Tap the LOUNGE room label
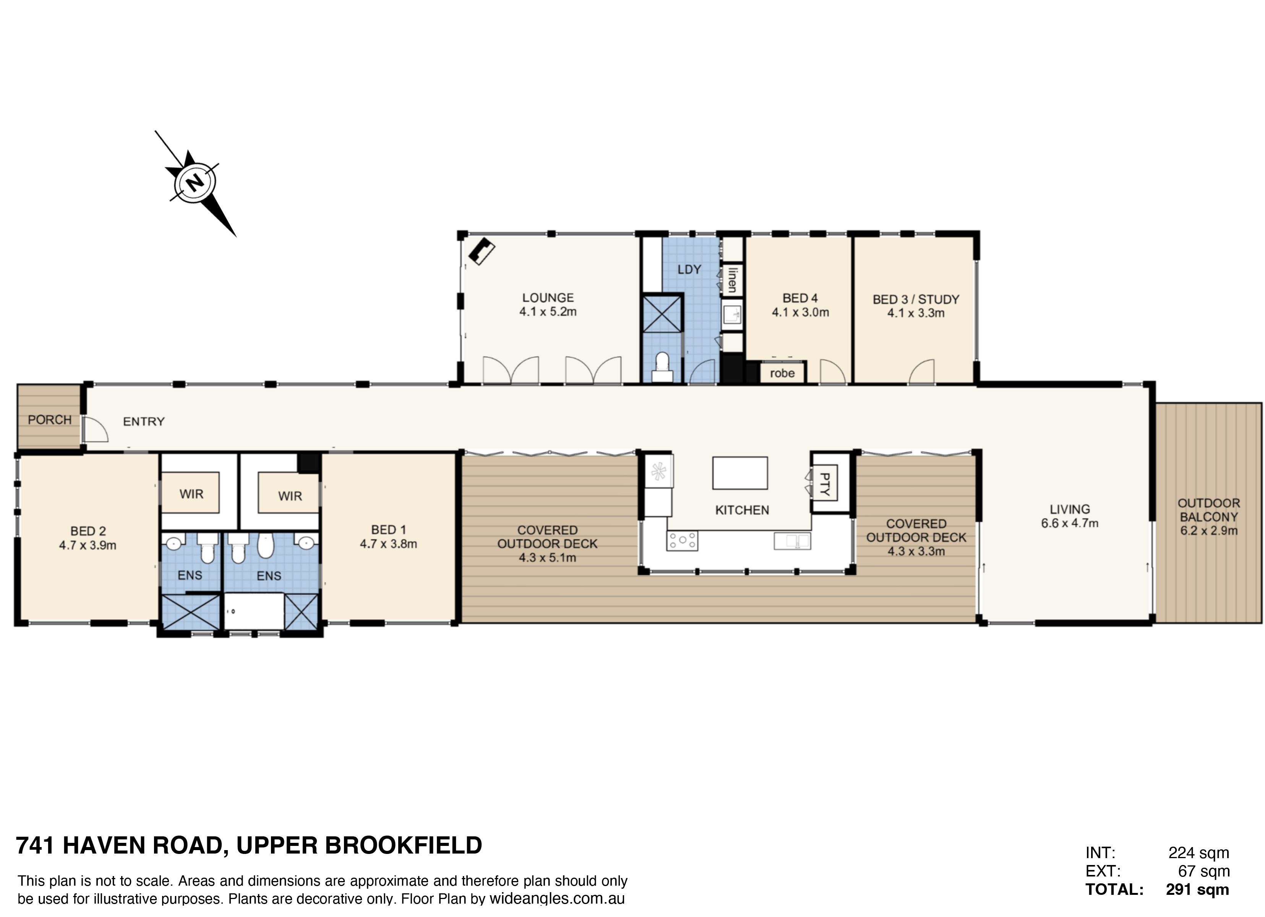548,298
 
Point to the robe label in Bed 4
782,373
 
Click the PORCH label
50,419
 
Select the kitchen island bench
740,473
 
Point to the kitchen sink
792,540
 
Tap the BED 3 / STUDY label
916,300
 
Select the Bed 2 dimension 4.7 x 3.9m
88,545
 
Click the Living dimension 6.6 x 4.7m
1070,523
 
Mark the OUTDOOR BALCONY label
1209,510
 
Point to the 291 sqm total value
1197,889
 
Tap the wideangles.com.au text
557,899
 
